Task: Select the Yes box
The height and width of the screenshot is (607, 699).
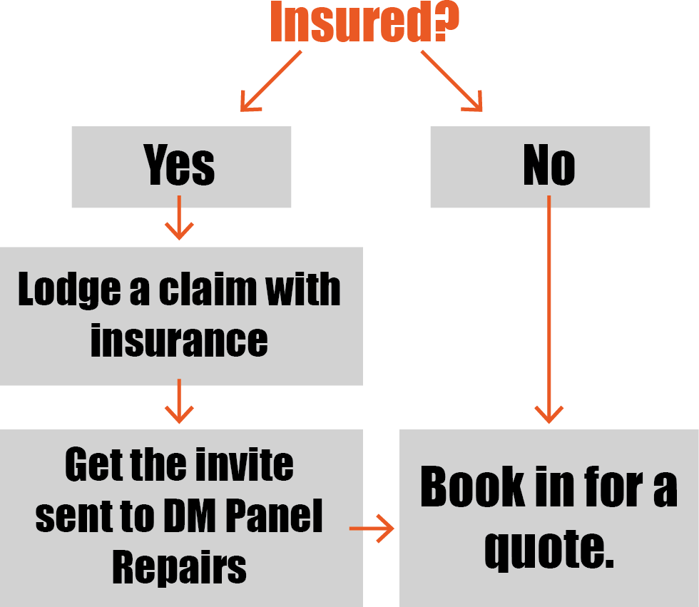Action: point(181,167)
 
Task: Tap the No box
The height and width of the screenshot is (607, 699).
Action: point(540,167)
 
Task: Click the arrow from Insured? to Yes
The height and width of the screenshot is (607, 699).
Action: point(270,83)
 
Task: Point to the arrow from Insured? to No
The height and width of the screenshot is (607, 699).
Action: point(451,81)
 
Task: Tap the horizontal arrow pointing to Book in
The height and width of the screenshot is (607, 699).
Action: point(372,529)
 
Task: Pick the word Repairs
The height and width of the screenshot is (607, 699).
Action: point(179,568)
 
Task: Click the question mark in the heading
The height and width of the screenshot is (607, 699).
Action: point(445,21)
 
